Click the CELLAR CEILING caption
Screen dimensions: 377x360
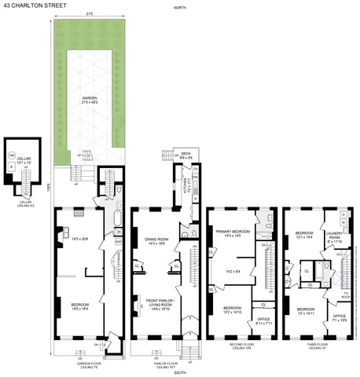click(x=26, y=203)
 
